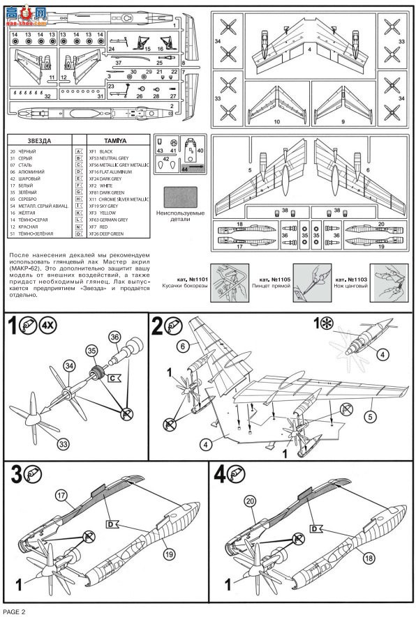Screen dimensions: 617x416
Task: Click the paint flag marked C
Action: tap(114, 377)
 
